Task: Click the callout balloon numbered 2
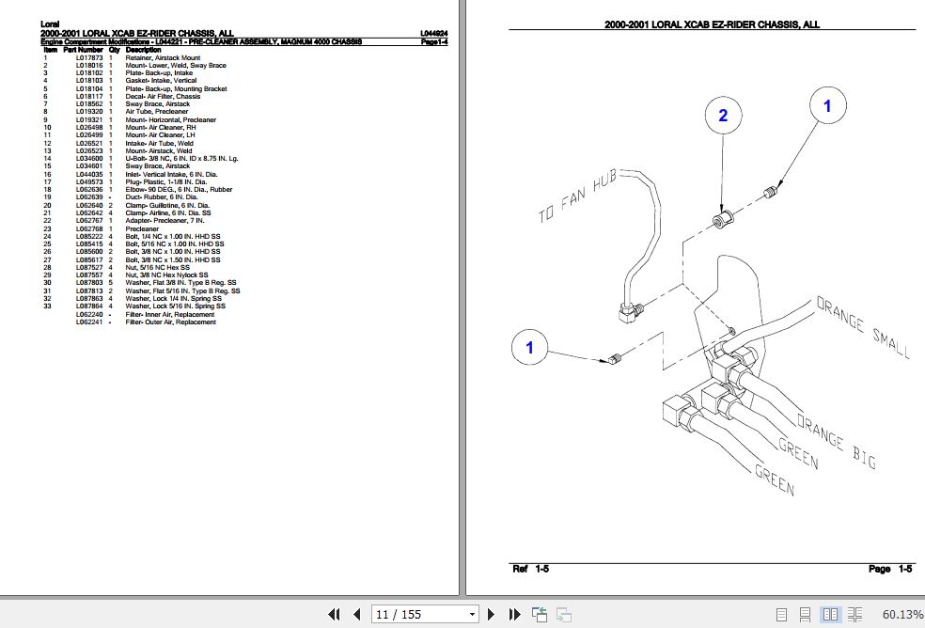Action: [723, 117]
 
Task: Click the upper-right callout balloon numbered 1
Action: [827, 107]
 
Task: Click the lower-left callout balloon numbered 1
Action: [529, 349]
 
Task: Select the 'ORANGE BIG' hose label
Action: [836, 441]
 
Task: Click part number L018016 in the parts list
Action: [89, 65]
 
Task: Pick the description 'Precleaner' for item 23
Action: [143, 228]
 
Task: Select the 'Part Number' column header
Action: [82, 50]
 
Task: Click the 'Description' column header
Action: [144, 50]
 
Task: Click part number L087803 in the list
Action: [89, 282]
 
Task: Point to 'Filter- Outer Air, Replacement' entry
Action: [170, 322]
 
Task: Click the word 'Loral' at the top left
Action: [51, 24]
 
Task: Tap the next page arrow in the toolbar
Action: [492, 615]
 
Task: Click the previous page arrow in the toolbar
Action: [356, 615]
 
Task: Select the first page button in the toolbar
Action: [334, 615]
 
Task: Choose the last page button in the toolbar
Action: [514, 615]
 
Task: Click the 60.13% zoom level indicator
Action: [902, 615]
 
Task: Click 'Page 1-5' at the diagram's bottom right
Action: [889, 569]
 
